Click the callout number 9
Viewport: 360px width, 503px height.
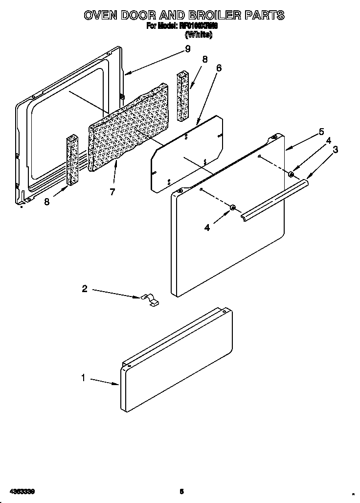[x=187, y=48]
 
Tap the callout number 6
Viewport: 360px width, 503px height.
[x=219, y=68]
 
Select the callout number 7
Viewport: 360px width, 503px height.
[x=112, y=192]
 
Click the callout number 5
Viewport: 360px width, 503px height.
[x=321, y=132]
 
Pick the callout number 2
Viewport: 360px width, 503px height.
[x=85, y=289]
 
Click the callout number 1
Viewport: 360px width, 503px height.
[x=84, y=378]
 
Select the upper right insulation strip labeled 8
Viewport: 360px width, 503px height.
[x=183, y=96]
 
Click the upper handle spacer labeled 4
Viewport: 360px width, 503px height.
[x=291, y=174]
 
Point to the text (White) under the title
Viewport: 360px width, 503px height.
[x=198, y=35]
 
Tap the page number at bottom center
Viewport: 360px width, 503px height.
[x=181, y=491]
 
